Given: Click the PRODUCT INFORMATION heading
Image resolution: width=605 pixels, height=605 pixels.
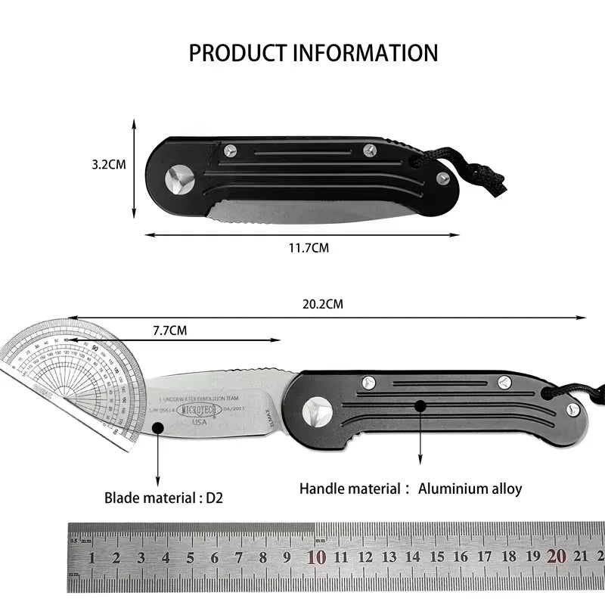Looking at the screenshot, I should [x=313, y=53].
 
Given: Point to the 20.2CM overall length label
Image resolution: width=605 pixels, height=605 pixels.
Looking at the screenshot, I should [x=323, y=306].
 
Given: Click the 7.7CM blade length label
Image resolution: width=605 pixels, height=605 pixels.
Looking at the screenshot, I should [x=169, y=330].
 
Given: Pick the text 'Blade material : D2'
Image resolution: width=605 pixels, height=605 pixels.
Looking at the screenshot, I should [x=163, y=498].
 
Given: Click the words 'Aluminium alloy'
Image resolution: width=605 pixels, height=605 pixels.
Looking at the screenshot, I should [x=470, y=489].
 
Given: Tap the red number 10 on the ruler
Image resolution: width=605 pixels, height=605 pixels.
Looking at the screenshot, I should [x=316, y=558].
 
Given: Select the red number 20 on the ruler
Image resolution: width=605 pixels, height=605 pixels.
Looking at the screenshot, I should [x=557, y=557].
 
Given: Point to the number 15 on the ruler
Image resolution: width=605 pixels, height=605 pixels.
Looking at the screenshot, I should [x=436, y=558].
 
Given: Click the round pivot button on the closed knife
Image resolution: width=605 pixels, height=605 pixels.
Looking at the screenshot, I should [x=180, y=178].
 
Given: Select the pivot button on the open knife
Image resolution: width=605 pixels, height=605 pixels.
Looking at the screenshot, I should [x=317, y=411].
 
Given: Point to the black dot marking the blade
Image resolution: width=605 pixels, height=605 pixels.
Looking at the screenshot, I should [x=158, y=427].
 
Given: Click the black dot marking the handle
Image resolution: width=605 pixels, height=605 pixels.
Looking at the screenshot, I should [x=420, y=406].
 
